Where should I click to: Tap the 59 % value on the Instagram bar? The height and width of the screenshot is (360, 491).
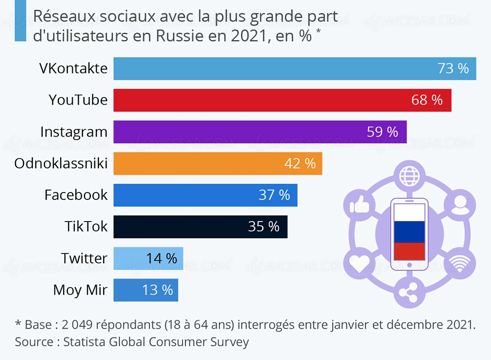(382, 132)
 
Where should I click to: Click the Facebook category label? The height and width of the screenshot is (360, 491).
(76, 195)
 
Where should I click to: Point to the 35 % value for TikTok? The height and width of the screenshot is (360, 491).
(264, 226)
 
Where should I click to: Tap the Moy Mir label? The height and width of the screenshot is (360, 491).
(80, 290)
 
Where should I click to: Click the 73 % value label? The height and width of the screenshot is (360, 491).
(453, 68)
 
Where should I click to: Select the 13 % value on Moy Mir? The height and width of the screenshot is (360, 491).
(158, 290)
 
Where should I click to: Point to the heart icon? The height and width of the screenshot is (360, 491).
(358, 264)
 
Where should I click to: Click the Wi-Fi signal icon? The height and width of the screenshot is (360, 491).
(460, 264)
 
